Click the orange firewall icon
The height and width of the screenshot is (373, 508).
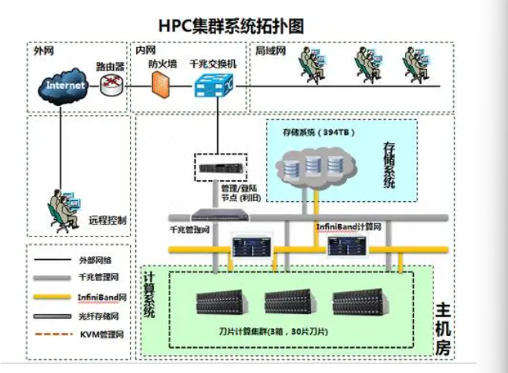pyautogui.click(x=161, y=84)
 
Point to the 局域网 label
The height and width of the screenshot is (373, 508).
pyautogui.click(x=269, y=51)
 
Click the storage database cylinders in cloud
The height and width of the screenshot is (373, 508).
pyautogui.click(x=313, y=167)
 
